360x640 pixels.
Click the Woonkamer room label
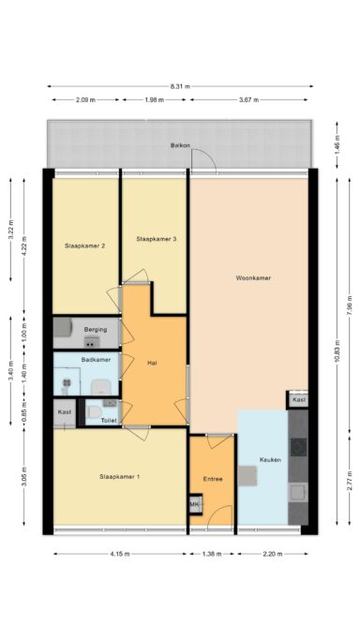(x=253, y=278)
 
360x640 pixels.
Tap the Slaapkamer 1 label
(x=120, y=476)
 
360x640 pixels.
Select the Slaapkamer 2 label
(x=85, y=246)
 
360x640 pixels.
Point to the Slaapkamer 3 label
(x=157, y=239)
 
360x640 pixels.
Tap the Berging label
(x=96, y=330)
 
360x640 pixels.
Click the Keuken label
(x=270, y=459)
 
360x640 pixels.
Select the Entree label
(x=213, y=479)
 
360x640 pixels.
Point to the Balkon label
(x=180, y=146)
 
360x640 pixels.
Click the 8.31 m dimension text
(x=180, y=86)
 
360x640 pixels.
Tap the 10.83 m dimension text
(x=337, y=351)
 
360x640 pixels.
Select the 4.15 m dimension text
(x=120, y=554)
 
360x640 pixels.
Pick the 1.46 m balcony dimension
(x=337, y=144)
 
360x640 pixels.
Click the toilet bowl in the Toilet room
(x=94, y=412)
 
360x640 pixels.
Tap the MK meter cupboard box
(x=196, y=505)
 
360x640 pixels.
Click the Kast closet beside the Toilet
(x=65, y=413)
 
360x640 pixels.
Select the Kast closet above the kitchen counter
(x=299, y=400)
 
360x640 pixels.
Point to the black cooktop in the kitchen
(x=299, y=448)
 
